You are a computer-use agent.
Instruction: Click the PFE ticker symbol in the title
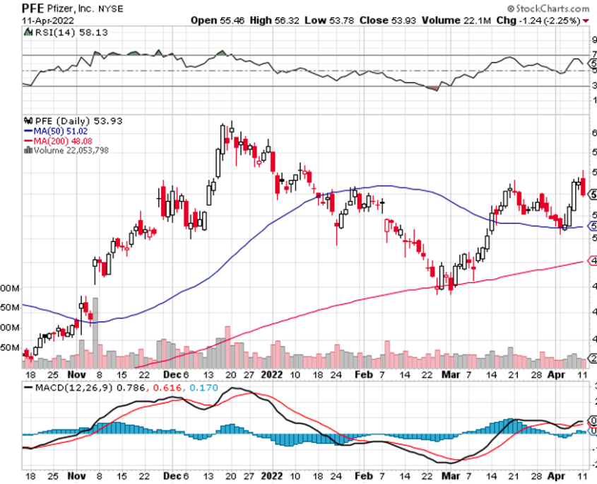pyautogui.click(x=33, y=8)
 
